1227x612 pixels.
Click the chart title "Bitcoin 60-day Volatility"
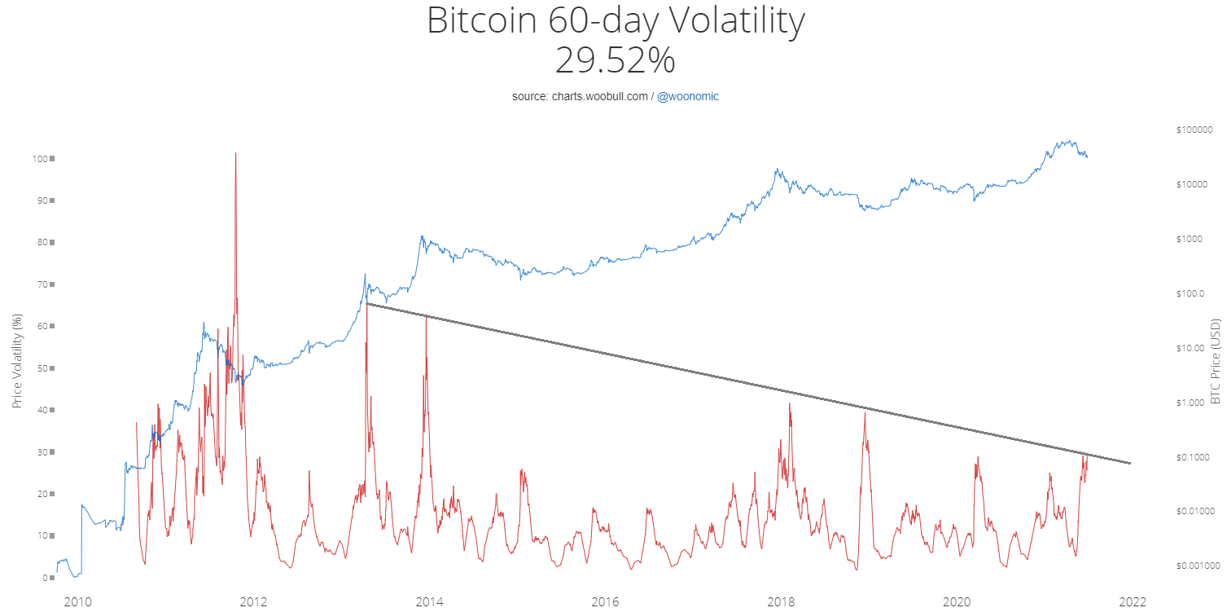pyautogui.click(x=615, y=22)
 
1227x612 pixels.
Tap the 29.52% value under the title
pyautogui.click(x=615, y=61)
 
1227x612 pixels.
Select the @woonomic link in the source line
pyautogui.click(x=687, y=96)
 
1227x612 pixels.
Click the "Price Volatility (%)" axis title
pyautogui.click(x=17, y=363)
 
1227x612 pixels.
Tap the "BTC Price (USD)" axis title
pyautogui.click(x=1216, y=362)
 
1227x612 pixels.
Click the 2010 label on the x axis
pyautogui.click(x=77, y=602)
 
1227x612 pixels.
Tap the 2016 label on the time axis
pyautogui.click(x=605, y=602)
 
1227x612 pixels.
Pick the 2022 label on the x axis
pyautogui.click(x=1133, y=602)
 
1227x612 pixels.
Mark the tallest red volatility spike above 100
pyautogui.click(x=235, y=154)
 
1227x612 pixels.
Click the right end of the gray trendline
pyautogui.click(x=1130, y=463)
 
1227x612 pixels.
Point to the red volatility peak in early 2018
pyautogui.click(x=789, y=404)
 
